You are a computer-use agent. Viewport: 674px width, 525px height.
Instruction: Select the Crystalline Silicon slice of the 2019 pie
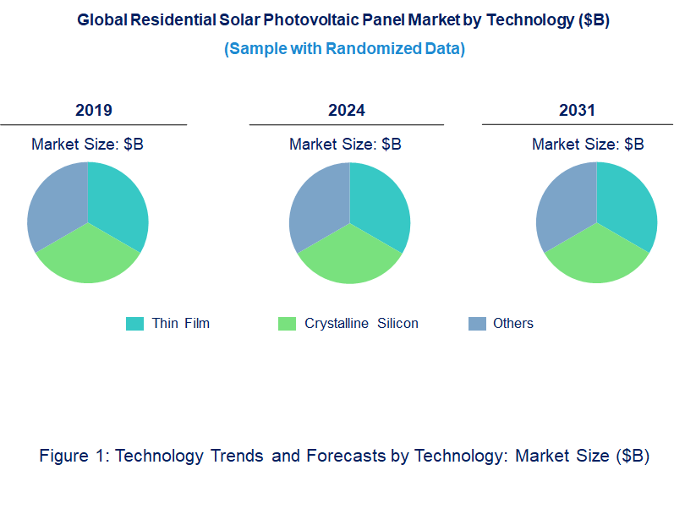coord(88,258)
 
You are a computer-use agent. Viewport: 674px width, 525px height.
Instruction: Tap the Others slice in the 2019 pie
coord(56,203)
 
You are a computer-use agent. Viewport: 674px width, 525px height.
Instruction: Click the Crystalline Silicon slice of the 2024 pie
coord(350,258)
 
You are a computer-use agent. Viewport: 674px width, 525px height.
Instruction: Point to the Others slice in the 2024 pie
coord(318,203)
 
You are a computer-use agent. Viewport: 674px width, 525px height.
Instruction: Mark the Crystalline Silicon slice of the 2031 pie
coord(597,258)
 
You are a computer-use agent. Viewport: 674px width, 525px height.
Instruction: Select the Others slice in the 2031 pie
coord(565,203)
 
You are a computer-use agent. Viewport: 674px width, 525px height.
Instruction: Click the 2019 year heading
coord(94,110)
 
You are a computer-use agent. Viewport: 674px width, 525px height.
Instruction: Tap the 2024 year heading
coord(347,110)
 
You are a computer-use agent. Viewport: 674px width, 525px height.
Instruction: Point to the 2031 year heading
coord(578,110)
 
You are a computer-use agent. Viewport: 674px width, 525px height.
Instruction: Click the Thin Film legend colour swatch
coord(134,323)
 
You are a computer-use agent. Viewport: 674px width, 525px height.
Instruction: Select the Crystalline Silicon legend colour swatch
coord(288,323)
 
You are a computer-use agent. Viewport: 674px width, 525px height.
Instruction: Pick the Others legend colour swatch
coord(477,323)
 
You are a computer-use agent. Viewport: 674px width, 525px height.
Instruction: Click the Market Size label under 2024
coord(345,144)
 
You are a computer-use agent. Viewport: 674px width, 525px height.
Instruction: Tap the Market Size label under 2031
coord(588,144)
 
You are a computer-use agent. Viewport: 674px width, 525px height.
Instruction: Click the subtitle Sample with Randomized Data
coord(344,49)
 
